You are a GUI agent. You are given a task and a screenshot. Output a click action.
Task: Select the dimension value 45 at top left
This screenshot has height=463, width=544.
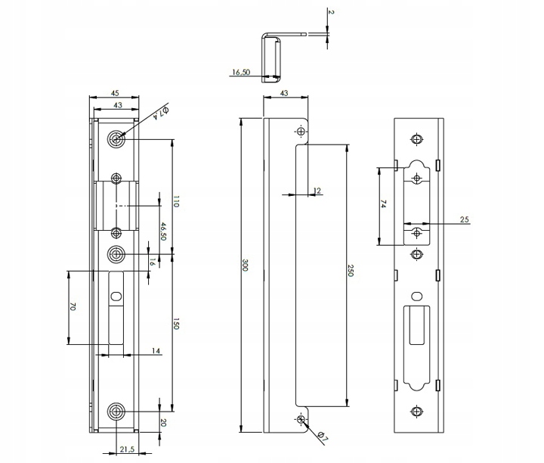[114, 95]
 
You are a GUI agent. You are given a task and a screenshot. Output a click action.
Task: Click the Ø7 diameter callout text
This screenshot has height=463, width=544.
[320, 436]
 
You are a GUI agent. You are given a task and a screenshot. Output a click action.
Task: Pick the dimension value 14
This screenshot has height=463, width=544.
[156, 350]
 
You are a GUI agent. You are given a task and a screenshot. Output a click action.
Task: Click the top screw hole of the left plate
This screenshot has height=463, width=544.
[116, 140]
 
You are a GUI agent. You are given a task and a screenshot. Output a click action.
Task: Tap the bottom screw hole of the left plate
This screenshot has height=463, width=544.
[116, 412]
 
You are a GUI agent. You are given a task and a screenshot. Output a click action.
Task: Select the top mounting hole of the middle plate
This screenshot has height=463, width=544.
[301, 132]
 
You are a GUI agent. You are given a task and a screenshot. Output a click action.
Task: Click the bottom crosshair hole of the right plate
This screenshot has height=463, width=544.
[415, 412]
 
